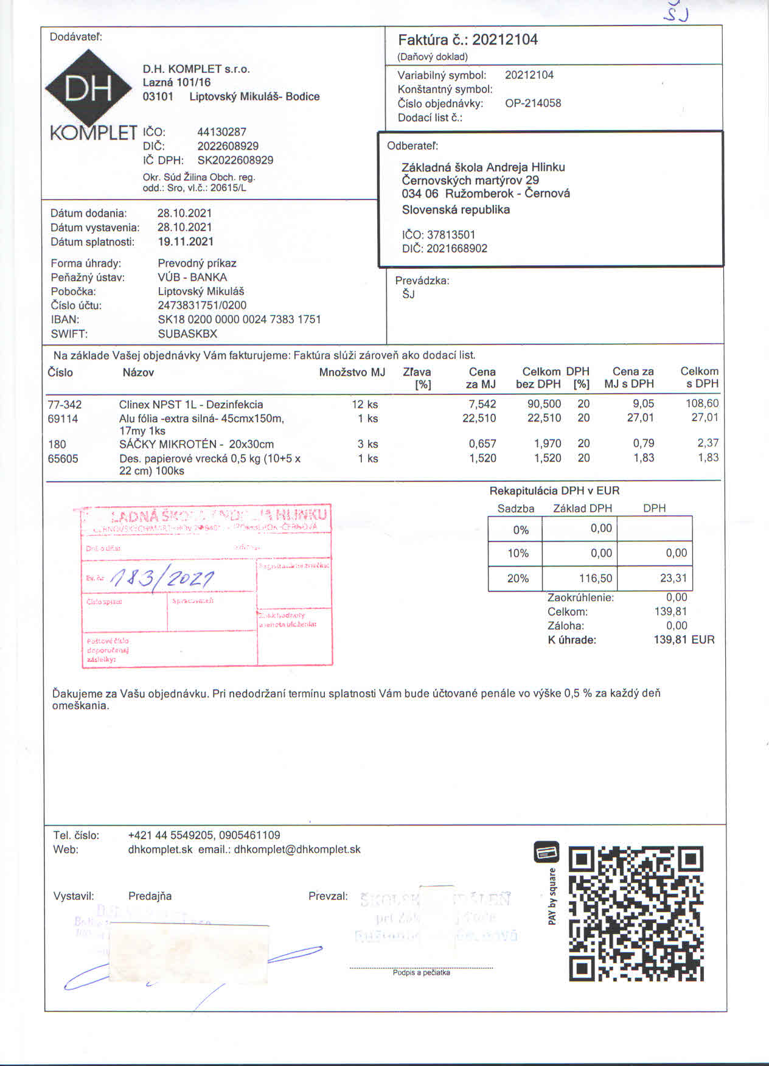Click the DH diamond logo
[88, 89]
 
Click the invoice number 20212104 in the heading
[505, 40]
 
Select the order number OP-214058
[533, 103]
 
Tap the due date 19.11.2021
[186, 242]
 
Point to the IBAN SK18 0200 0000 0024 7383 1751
[239, 319]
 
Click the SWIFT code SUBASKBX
[187, 333]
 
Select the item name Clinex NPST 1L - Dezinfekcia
[191, 404]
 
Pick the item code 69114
[63, 419]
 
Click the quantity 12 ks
[364, 404]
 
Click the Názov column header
[138, 372]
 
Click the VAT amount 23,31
[673, 578]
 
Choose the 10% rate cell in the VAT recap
[518, 553]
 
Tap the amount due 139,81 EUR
[684, 639]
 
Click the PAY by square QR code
[636, 913]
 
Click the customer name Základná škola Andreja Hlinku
[483, 167]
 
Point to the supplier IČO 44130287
[221, 131]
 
